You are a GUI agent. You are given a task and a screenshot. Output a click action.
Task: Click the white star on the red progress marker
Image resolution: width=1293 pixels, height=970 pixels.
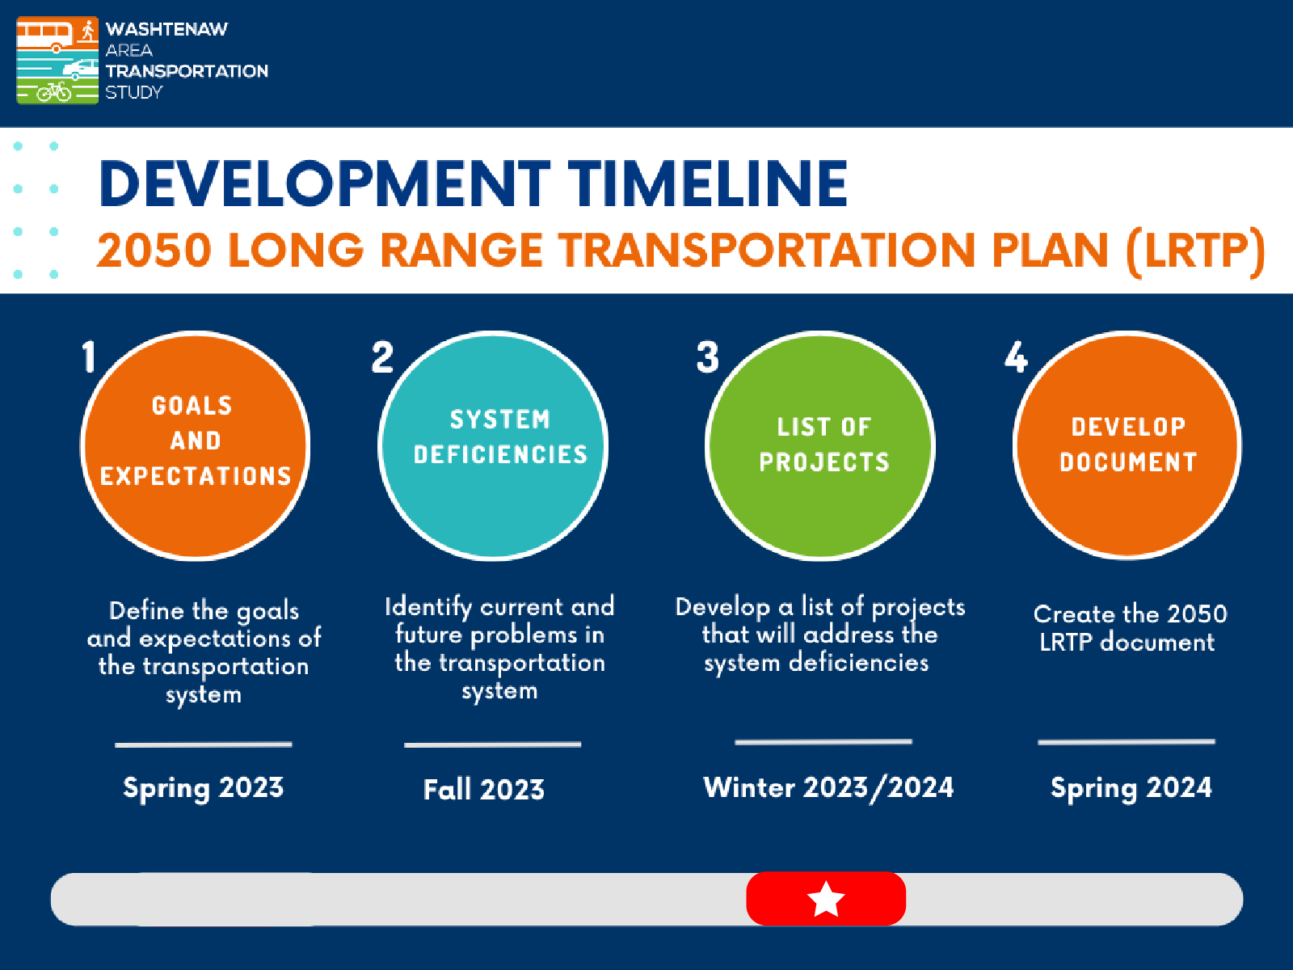point(826,899)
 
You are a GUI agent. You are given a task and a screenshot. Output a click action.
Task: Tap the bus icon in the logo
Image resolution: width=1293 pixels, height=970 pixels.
point(44,34)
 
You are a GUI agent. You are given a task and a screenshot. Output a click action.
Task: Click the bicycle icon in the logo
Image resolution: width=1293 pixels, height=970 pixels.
point(54,91)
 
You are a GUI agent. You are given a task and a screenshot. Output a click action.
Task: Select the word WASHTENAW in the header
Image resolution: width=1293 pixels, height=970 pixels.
point(166,29)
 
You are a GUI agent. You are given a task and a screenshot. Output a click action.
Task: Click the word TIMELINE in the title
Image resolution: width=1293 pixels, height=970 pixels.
point(707,183)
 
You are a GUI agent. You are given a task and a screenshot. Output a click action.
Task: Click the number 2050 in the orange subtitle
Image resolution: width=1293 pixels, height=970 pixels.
point(154,251)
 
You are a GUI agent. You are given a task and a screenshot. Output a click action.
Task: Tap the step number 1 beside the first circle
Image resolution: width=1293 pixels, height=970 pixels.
point(89,356)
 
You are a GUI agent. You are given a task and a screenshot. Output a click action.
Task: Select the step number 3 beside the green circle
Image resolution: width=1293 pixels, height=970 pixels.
point(707,356)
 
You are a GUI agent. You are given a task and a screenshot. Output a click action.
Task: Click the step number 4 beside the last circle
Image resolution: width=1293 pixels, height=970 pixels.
point(1016,356)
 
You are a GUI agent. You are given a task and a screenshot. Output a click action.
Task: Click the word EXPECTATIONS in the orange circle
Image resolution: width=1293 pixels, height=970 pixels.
point(196,476)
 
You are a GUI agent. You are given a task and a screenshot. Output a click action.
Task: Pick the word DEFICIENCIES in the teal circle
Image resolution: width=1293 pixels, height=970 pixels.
point(500,455)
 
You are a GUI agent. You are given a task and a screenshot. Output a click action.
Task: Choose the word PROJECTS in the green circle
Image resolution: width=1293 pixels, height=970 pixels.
point(824,462)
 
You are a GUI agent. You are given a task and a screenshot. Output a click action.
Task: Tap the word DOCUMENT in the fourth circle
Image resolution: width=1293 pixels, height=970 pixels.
point(1128,462)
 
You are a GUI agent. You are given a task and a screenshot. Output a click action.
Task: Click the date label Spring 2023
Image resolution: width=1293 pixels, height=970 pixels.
point(203,787)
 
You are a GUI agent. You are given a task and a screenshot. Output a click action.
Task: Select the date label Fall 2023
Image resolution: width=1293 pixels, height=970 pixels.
point(484,789)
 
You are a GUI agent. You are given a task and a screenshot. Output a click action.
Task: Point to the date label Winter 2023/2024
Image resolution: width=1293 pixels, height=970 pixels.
point(828,787)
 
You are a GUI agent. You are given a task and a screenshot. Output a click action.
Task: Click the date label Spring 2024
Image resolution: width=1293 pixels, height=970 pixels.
point(1131,787)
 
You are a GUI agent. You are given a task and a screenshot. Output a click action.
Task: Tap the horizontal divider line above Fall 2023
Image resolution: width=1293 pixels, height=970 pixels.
point(492,744)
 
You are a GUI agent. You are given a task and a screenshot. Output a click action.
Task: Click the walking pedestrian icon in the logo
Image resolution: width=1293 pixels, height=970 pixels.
point(87,32)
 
